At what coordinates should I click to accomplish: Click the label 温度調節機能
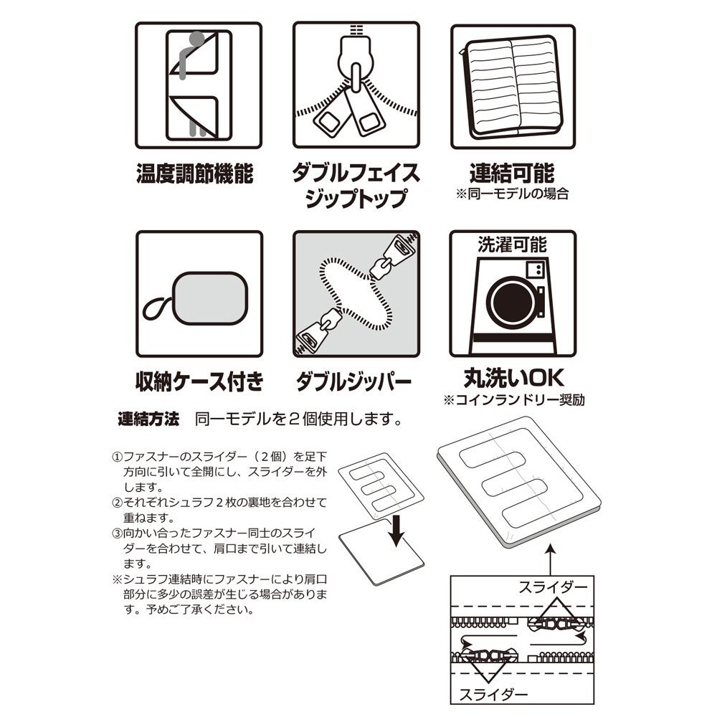(x=195, y=174)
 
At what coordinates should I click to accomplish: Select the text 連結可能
(x=512, y=173)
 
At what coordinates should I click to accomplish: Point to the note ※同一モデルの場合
(x=512, y=194)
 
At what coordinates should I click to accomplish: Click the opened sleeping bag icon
(x=513, y=87)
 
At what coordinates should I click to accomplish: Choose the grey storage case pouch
(x=210, y=298)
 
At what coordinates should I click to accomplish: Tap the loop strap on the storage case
(x=158, y=308)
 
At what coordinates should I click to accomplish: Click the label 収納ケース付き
(x=199, y=381)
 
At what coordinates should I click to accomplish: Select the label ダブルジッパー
(x=353, y=381)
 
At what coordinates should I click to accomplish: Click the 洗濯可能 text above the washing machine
(x=512, y=244)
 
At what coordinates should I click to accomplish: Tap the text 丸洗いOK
(x=513, y=378)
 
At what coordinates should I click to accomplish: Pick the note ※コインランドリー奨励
(x=514, y=400)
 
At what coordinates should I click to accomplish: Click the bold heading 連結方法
(x=148, y=419)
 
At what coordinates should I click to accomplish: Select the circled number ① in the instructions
(x=118, y=457)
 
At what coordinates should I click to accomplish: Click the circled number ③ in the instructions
(x=118, y=533)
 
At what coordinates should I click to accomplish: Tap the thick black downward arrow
(x=397, y=531)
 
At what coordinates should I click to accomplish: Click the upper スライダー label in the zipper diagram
(x=553, y=587)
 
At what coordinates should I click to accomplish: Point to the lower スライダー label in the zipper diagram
(x=493, y=695)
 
